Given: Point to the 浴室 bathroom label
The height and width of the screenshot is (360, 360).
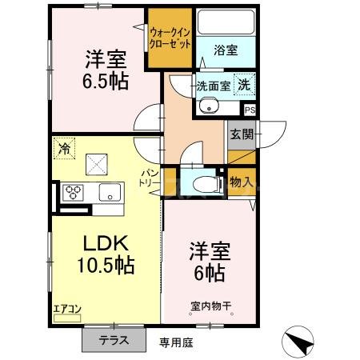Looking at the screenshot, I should (x=225, y=50).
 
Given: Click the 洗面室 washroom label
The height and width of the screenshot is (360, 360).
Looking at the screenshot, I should (x=214, y=86).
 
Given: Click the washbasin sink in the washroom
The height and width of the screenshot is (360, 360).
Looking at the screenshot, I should (x=211, y=105).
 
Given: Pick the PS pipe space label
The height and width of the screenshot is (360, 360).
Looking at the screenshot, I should (x=250, y=110).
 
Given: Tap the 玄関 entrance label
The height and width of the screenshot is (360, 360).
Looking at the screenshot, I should (x=241, y=134).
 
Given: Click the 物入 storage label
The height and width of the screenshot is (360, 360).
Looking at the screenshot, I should (x=241, y=182).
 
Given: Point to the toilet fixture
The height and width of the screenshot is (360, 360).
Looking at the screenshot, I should (x=206, y=183).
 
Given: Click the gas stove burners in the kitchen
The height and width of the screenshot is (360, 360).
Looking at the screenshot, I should (x=74, y=193).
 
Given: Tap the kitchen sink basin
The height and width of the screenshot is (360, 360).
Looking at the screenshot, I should (x=109, y=193).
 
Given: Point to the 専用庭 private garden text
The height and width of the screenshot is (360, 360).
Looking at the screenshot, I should (x=176, y=342).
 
